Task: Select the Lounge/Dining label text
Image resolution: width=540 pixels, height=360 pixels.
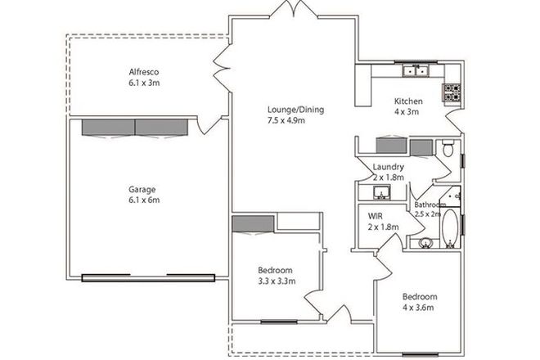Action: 286,109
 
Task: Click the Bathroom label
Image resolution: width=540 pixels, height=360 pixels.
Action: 430,205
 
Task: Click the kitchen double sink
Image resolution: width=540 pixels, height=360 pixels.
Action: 414,71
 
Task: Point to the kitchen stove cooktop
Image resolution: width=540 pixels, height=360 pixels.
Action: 452,93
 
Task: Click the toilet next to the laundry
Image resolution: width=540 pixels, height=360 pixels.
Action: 447,151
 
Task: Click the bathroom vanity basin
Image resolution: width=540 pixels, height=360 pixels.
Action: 425,243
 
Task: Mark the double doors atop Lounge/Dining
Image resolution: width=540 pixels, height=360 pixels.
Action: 291,11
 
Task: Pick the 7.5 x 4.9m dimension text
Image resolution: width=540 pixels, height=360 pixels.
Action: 286,120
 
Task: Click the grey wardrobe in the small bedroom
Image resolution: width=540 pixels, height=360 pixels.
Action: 252,224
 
